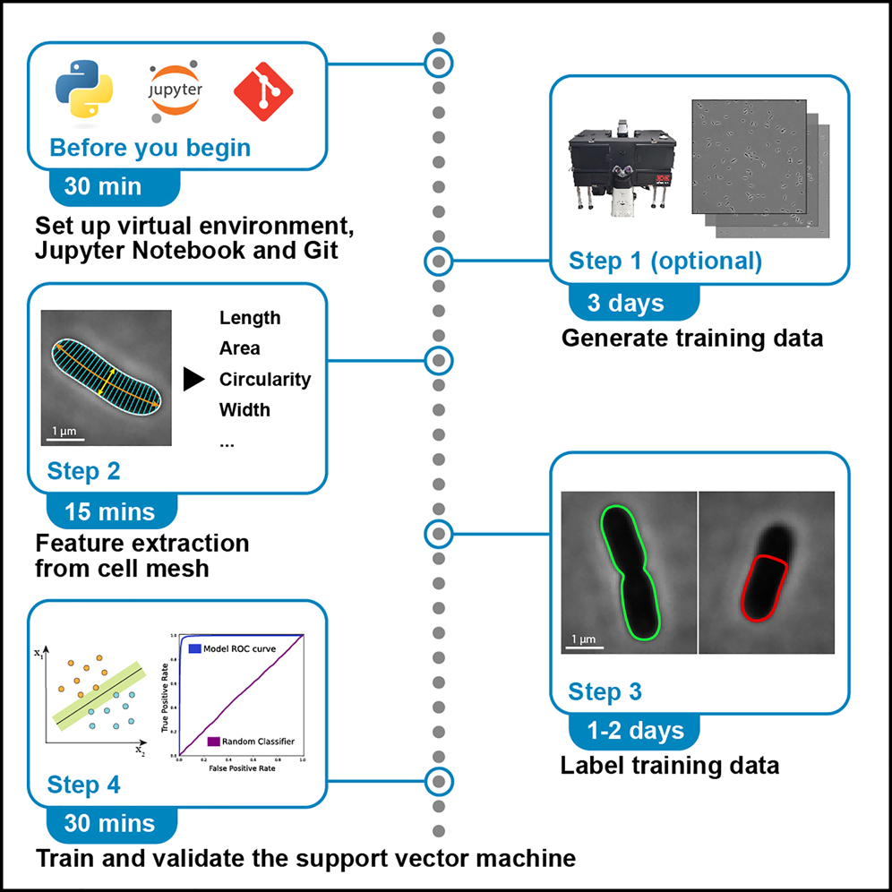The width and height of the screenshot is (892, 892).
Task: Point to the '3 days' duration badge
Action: [626, 303]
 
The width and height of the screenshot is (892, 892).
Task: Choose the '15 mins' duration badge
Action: [109, 511]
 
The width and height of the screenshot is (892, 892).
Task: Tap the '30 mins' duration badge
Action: [109, 823]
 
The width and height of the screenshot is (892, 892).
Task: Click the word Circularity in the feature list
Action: [265, 380]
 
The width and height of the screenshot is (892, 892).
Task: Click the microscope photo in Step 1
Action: [622, 170]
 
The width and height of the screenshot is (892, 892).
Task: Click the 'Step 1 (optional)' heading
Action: [665, 262]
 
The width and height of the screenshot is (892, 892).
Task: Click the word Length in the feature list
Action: [250, 318]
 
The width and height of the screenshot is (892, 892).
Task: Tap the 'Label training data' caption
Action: [669, 766]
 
